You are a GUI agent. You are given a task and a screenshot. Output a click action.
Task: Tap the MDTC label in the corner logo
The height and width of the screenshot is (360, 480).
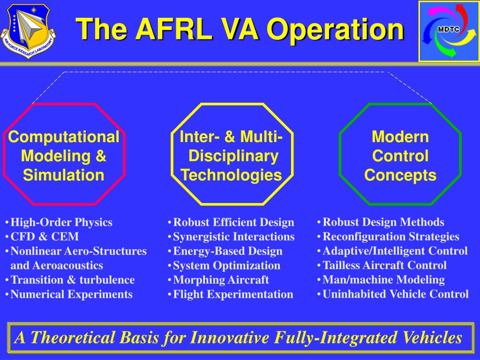coord(448,30)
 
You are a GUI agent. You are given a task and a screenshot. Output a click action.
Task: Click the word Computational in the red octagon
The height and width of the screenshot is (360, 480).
coord(64,137)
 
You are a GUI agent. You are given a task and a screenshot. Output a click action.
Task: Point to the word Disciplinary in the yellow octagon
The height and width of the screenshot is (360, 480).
coord(233,156)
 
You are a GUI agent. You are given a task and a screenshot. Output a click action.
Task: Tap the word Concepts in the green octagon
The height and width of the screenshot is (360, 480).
coord(400,175)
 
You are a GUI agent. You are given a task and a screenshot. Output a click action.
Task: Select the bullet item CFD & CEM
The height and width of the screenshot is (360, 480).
coord(45,237)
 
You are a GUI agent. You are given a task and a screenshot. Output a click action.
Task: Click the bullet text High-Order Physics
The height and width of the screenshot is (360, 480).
coord(61,222)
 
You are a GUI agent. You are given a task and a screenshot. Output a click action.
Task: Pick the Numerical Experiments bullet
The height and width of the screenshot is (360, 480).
coord(71,294)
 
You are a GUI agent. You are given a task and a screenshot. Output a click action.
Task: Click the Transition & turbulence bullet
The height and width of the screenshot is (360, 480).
coord(72,280)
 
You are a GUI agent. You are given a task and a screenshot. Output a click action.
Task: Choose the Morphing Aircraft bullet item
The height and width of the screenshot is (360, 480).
coord(221,280)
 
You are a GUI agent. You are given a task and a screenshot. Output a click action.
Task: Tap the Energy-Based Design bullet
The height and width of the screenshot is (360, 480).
coord(227,251)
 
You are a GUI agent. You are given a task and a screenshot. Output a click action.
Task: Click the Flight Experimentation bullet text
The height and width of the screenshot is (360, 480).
coord(233,294)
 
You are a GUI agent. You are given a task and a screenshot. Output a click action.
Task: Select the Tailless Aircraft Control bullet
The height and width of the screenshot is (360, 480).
coord(384,265)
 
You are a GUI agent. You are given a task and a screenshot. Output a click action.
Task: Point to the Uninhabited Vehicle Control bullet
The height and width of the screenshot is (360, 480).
coord(395,294)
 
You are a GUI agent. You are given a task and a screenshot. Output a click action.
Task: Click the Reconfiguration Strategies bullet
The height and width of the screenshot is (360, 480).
coord(390,237)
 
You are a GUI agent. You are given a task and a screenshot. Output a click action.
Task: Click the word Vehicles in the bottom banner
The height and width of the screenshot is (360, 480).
coord(431,337)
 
